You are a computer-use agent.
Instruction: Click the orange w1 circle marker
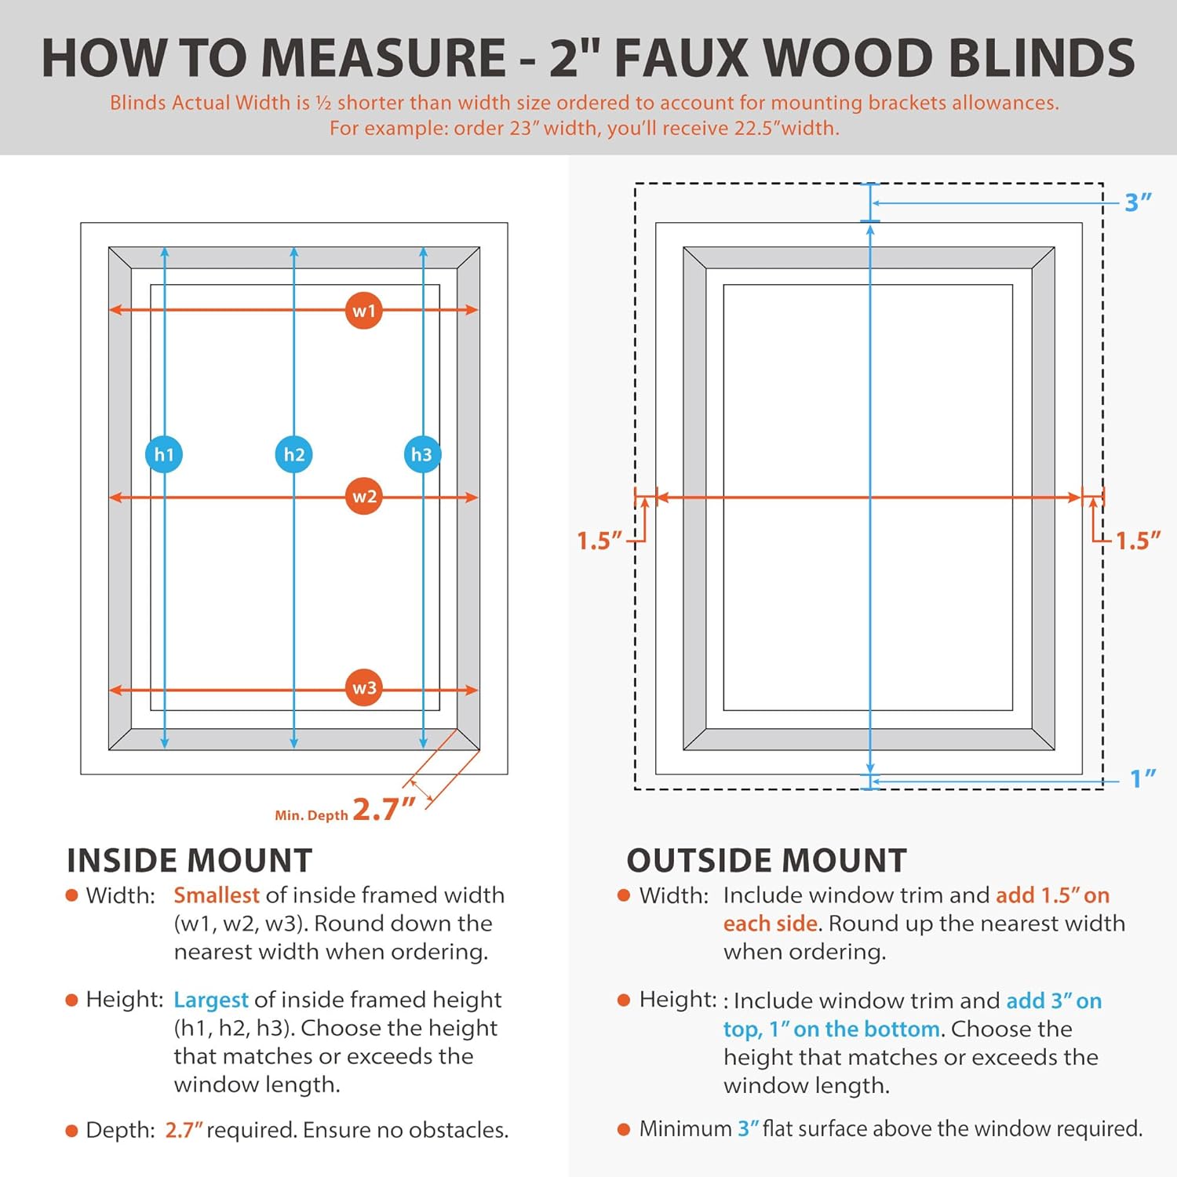[363, 311]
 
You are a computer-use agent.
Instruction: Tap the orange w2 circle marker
[364, 496]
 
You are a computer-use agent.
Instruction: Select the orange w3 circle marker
[364, 688]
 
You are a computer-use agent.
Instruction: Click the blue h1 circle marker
[164, 454]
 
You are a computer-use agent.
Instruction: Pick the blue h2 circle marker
[293, 454]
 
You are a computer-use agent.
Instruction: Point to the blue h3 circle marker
[422, 454]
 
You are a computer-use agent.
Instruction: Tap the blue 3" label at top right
[1137, 202]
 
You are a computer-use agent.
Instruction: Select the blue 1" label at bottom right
[1142, 778]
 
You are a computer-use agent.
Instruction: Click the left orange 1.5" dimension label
[599, 541]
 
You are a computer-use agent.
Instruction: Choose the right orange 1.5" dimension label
[1137, 541]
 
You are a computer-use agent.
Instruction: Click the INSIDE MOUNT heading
[189, 861]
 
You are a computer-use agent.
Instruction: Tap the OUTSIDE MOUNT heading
[766, 861]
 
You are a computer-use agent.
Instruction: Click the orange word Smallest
[216, 895]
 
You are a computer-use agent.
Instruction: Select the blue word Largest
[210, 1000]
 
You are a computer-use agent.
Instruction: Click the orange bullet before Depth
[72, 1131]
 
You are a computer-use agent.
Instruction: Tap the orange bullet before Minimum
[624, 1129]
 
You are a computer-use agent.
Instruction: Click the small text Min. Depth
[311, 815]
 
